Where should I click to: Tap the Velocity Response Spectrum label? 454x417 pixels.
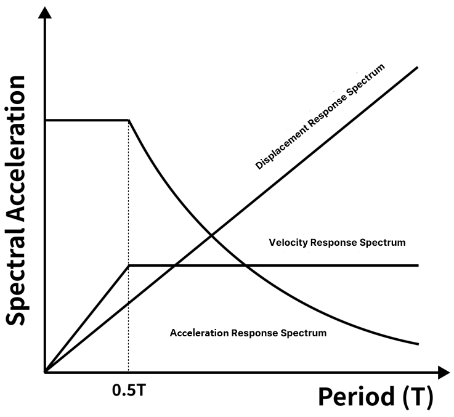(x=337, y=242)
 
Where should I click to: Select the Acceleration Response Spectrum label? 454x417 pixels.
(x=248, y=333)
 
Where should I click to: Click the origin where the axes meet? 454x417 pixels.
(x=44, y=372)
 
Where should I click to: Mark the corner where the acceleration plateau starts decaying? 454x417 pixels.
(x=128, y=119)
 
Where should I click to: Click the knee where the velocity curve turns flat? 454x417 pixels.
(x=128, y=265)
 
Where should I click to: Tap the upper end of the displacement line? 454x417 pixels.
(x=418, y=66)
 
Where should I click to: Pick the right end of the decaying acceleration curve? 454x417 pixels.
(x=418, y=344)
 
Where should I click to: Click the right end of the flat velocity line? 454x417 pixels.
(x=418, y=265)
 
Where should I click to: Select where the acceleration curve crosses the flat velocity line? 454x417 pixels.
(x=246, y=265)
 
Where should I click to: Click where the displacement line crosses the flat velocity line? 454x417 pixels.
(x=174, y=265)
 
